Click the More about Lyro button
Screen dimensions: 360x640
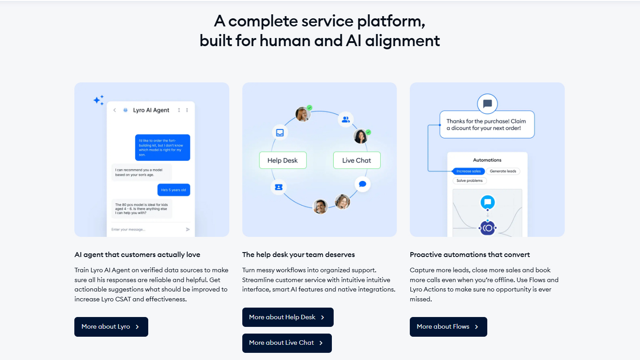(111, 327)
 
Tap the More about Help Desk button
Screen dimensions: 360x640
(288, 317)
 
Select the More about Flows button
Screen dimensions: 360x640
(448, 327)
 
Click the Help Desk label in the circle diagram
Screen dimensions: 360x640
(283, 160)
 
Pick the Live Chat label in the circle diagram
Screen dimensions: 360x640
(357, 160)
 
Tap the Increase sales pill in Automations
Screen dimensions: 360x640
(468, 171)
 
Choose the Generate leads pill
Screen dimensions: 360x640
(503, 171)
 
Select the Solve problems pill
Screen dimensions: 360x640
(469, 180)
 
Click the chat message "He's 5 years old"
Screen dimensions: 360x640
(174, 190)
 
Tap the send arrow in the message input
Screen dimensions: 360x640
(188, 229)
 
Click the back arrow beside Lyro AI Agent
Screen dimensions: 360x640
(115, 110)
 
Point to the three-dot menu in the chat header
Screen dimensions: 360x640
(187, 110)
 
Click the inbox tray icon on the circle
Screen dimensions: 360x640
(280, 133)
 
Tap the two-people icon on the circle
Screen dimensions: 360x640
(346, 120)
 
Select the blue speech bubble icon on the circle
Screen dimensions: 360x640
(363, 184)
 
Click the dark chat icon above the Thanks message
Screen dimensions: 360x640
(488, 104)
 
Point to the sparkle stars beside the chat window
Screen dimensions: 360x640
(99, 100)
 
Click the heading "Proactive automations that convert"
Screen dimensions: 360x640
(470, 255)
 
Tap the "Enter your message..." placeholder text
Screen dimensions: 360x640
(129, 230)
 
